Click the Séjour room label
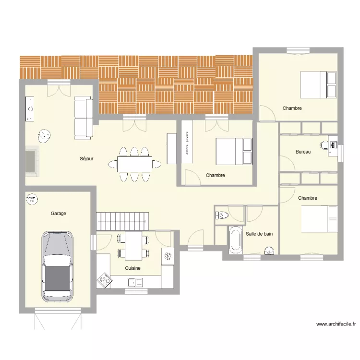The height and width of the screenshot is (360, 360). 87,158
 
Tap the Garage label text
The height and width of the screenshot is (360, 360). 59,213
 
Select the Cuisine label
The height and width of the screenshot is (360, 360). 132,268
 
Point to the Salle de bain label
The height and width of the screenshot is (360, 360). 259,234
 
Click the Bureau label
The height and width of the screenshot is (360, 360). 303,152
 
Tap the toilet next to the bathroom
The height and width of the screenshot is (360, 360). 221,215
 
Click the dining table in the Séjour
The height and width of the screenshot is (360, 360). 134,165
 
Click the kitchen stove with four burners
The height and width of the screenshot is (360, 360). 104,281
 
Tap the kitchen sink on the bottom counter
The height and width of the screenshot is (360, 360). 132,283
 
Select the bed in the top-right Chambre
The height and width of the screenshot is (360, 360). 318,84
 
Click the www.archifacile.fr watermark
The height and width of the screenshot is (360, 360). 336,324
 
